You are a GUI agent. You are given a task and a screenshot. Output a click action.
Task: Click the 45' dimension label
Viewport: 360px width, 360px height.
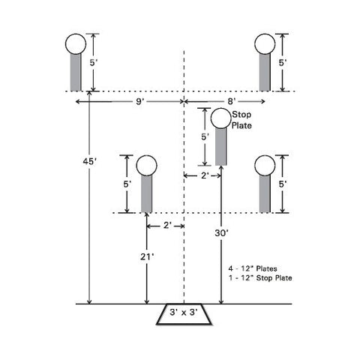(x=89, y=162)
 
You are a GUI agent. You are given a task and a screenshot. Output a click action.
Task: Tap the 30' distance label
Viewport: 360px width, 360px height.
(x=221, y=233)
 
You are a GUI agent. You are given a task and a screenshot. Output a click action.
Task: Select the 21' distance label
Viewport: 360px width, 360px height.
(x=147, y=256)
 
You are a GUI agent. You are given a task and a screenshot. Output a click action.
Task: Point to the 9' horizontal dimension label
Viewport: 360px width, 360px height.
(x=140, y=101)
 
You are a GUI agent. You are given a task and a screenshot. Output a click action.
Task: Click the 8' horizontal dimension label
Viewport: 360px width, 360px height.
(x=232, y=101)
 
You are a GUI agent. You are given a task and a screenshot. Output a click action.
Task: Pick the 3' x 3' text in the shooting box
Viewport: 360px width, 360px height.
(x=184, y=312)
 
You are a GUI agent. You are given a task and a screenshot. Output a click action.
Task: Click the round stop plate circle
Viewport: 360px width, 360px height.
(x=221, y=118)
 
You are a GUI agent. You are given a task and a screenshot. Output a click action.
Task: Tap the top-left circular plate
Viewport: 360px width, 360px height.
(x=76, y=44)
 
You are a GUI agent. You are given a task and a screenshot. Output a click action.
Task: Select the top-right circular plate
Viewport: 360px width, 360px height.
(x=265, y=44)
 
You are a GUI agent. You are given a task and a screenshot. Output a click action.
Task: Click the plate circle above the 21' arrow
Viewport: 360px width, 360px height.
(x=147, y=166)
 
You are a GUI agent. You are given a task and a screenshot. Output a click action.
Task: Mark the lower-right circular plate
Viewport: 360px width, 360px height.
(x=265, y=166)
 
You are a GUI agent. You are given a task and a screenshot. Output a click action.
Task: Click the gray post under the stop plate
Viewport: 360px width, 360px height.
(x=221, y=147)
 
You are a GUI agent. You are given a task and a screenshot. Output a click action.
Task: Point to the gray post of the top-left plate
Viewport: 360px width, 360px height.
(x=76, y=73)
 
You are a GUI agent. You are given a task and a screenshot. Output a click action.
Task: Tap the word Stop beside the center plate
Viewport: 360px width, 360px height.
(x=241, y=115)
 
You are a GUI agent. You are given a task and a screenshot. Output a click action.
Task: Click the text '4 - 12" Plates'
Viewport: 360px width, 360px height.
(x=253, y=268)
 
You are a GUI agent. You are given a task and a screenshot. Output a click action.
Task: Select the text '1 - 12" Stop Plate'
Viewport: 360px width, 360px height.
(x=260, y=277)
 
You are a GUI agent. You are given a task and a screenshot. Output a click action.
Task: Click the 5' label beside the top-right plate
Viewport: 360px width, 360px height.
(x=283, y=63)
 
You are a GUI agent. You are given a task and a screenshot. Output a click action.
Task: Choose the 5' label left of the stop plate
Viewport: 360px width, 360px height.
(x=205, y=136)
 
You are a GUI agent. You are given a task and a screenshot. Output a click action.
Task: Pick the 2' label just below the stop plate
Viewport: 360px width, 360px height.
(x=205, y=175)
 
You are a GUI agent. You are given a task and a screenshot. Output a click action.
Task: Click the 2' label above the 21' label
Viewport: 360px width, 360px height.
(x=167, y=226)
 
